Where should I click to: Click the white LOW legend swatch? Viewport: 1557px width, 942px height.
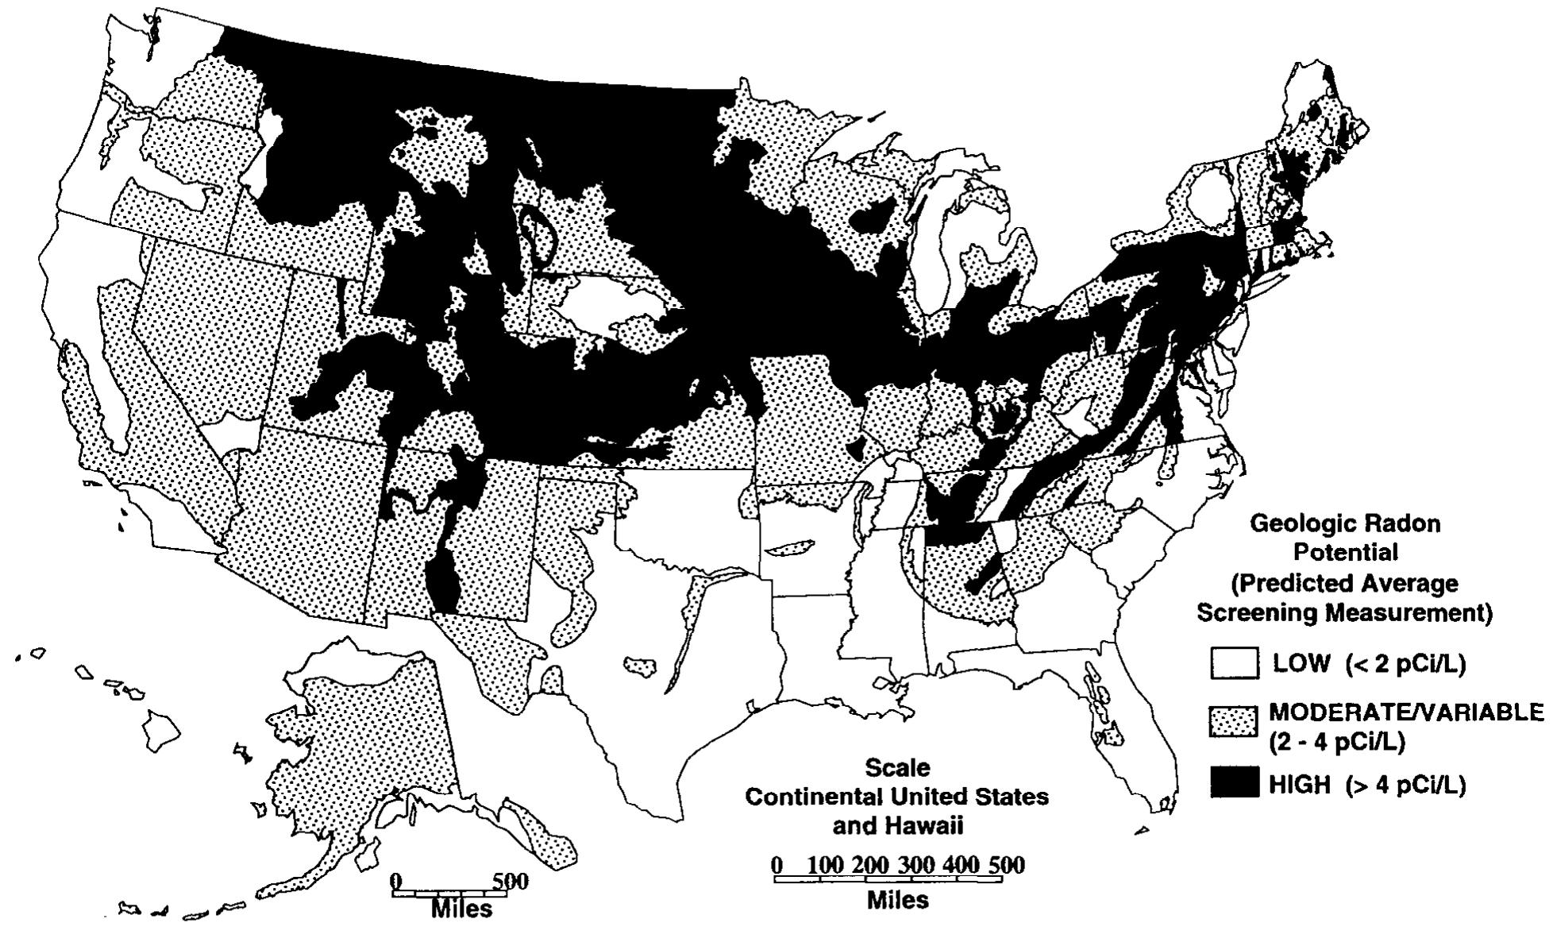pos(1234,662)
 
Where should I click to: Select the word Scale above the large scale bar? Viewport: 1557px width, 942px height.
pos(896,767)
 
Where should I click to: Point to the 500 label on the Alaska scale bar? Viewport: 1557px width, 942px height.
pos(511,881)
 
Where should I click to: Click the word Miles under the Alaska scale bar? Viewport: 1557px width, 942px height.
pos(461,909)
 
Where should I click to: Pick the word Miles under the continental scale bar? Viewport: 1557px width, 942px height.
pos(897,900)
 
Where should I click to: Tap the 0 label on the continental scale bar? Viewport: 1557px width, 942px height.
pos(777,865)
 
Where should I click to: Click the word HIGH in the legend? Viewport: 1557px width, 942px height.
pos(1299,785)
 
